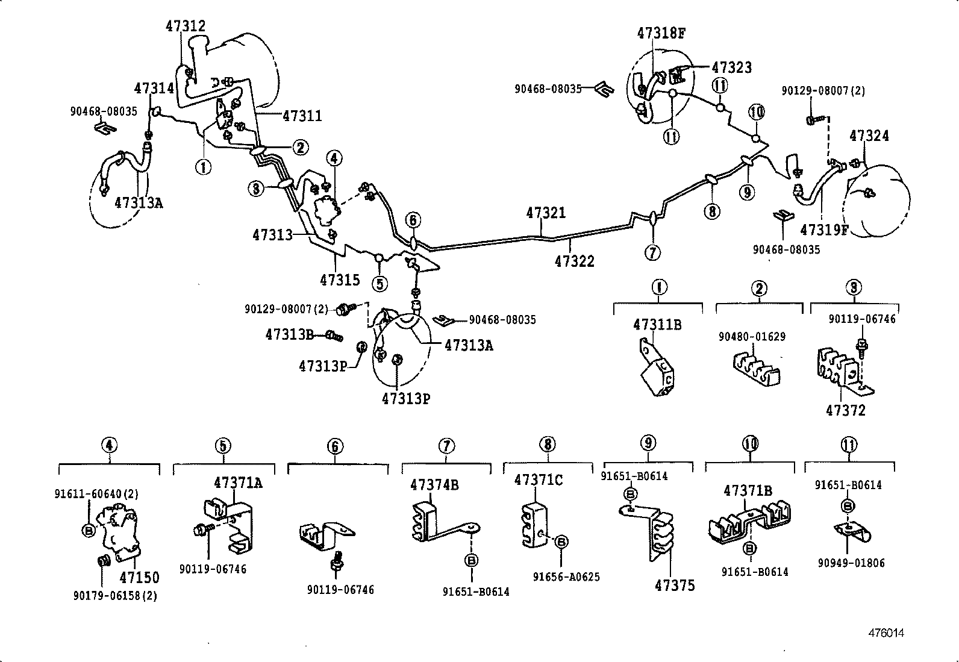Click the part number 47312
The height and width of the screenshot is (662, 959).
pyautogui.click(x=185, y=26)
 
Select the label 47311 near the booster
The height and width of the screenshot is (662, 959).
pyautogui.click(x=302, y=116)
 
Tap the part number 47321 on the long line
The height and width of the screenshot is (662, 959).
pyautogui.click(x=546, y=213)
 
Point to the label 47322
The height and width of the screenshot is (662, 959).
pyautogui.click(x=574, y=261)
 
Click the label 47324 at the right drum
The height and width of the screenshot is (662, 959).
pyautogui.click(x=869, y=136)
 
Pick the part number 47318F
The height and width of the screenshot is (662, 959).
pyautogui.click(x=661, y=33)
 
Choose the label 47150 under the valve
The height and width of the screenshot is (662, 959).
pyautogui.click(x=139, y=577)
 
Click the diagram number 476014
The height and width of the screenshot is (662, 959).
pyautogui.click(x=886, y=633)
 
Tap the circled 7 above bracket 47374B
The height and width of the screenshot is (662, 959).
pyautogui.click(x=446, y=446)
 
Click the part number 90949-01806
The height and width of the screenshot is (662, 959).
pyautogui.click(x=851, y=563)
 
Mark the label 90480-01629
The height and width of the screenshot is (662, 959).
pyautogui.click(x=751, y=337)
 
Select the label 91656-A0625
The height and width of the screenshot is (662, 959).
pyautogui.click(x=566, y=577)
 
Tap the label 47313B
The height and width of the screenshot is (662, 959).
pyautogui.click(x=289, y=334)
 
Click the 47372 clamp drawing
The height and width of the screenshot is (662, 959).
pyautogui.click(x=843, y=371)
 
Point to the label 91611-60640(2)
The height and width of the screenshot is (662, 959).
pyautogui.click(x=96, y=494)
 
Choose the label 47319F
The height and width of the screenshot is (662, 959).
pyautogui.click(x=823, y=230)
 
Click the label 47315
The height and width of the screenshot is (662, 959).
pyautogui.click(x=340, y=279)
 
